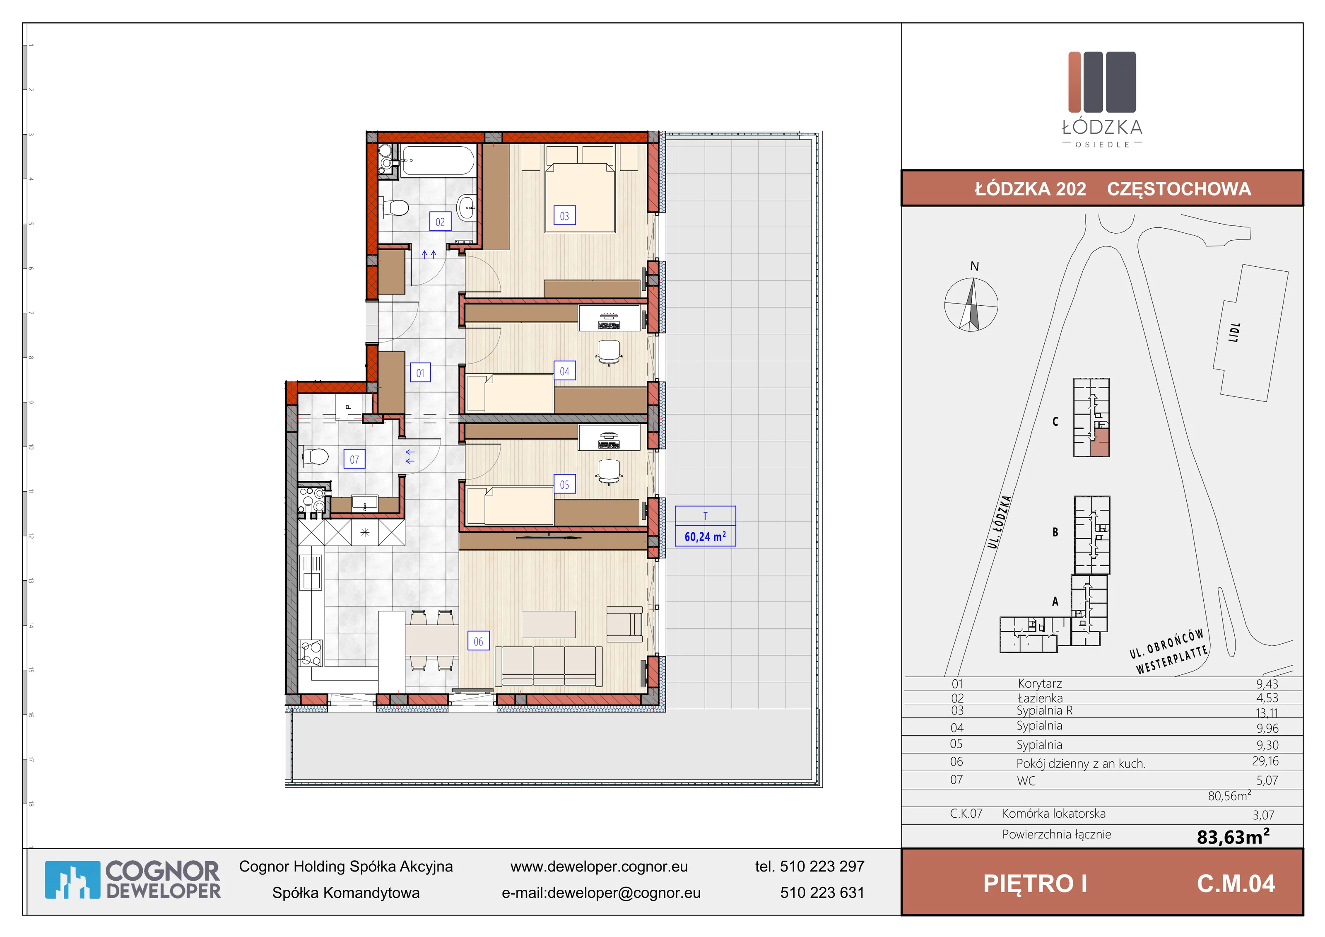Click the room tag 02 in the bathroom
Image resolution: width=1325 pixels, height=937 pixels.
click(440, 222)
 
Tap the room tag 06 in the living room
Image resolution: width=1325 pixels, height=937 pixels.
click(478, 641)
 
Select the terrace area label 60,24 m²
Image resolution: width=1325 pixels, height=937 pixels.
click(705, 536)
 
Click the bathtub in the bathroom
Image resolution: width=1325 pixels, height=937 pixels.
click(438, 160)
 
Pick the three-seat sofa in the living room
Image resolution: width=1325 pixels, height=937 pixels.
click(548, 666)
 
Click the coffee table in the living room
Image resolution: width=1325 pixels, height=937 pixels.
click(548, 624)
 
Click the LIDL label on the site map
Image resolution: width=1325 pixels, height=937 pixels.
click(1234, 333)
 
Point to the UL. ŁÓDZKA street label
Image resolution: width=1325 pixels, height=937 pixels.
click(1000, 522)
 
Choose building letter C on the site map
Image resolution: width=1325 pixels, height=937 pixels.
click(1055, 421)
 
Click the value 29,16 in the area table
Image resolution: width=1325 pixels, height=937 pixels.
click(1265, 761)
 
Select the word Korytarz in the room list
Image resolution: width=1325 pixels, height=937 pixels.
click(1040, 683)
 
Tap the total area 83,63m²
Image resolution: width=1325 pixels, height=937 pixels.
click(1233, 836)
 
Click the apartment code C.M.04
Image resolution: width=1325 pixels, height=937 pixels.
click(1236, 883)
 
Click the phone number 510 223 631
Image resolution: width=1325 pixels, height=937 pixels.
click(822, 893)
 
